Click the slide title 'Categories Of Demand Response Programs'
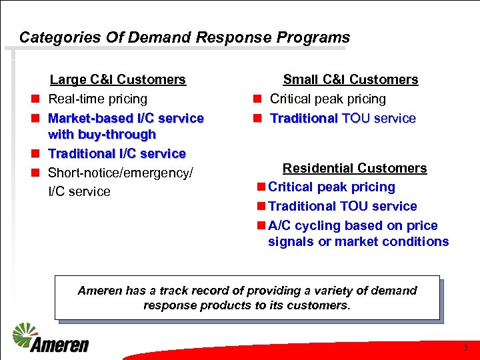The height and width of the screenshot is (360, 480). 184,37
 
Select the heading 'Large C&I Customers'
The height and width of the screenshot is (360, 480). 118,80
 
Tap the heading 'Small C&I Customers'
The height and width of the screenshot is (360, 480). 351,80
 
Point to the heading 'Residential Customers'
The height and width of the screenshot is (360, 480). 355,168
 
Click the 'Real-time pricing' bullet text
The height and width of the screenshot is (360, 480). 98,99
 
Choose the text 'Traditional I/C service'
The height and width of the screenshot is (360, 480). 117,153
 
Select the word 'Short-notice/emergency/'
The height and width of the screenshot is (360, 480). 121,173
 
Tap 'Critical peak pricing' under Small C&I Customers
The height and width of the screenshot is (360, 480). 328,99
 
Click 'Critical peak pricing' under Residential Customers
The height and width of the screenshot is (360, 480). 331,187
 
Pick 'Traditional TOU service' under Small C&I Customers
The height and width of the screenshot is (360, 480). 343,119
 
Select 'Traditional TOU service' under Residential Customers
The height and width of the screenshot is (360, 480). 342,207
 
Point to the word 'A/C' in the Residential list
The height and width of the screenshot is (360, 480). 279,226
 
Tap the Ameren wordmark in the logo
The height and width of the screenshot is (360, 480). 59,345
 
